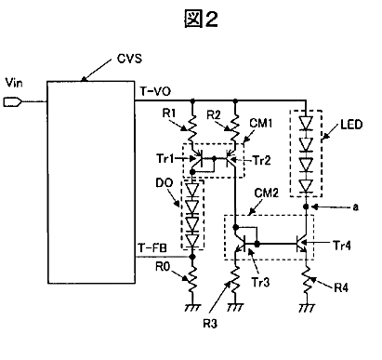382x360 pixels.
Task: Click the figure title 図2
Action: click(x=201, y=19)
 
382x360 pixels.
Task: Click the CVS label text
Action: click(x=129, y=59)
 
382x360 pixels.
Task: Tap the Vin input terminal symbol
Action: click(x=12, y=101)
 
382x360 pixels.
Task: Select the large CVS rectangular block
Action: click(x=91, y=182)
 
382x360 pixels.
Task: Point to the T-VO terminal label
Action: click(x=155, y=91)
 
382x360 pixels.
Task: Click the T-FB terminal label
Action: click(x=152, y=248)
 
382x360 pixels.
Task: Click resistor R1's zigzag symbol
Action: click(x=192, y=129)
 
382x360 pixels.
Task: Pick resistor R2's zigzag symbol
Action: click(x=235, y=129)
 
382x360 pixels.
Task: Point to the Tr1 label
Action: click(x=165, y=159)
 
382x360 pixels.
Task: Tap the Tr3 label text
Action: click(x=260, y=282)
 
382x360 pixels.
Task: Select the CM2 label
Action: click(x=266, y=193)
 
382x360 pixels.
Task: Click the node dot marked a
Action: click(x=306, y=207)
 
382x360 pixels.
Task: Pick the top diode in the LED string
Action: click(x=306, y=123)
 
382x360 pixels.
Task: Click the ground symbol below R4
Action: click(x=307, y=307)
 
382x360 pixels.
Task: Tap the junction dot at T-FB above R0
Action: click(x=192, y=257)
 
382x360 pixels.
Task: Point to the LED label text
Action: click(x=351, y=125)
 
